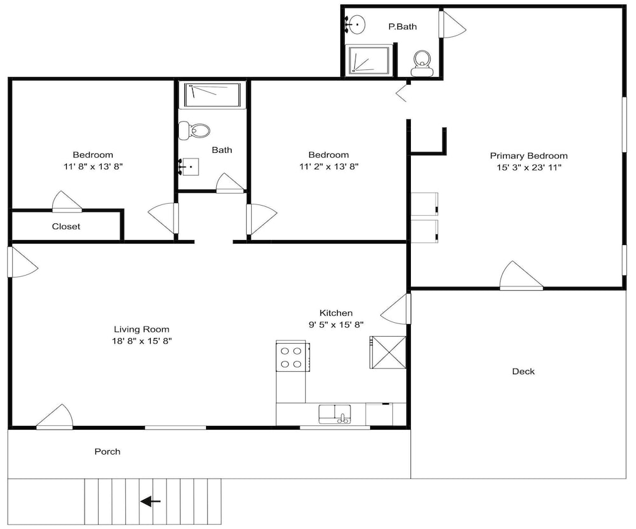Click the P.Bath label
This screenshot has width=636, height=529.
click(x=403, y=27)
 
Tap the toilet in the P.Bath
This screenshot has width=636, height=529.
click(x=422, y=63)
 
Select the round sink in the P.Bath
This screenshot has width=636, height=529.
click(x=356, y=25)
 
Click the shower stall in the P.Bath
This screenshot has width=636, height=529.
click(x=369, y=60)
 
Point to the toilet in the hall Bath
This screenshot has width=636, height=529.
click(x=194, y=130)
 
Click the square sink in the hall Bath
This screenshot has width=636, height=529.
click(x=189, y=167)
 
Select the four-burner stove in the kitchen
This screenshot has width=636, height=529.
click(x=292, y=357)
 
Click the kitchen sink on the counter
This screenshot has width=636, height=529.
click(x=335, y=414)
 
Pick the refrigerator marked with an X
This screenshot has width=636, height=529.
click(x=388, y=352)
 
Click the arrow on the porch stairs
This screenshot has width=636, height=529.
click(x=151, y=502)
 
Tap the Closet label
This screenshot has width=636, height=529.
click(x=66, y=227)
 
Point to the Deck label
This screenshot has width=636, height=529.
click(x=523, y=372)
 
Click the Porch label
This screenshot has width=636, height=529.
click(x=107, y=451)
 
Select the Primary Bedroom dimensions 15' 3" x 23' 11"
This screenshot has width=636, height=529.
click(x=529, y=167)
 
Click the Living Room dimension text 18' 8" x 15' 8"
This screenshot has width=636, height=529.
click(x=142, y=341)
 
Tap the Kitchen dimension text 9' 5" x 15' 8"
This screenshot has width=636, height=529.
click(x=336, y=325)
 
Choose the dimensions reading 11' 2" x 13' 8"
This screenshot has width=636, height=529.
click(x=329, y=166)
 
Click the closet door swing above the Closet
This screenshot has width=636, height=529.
click(x=67, y=202)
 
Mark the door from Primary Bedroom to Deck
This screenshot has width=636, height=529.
click(x=522, y=276)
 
